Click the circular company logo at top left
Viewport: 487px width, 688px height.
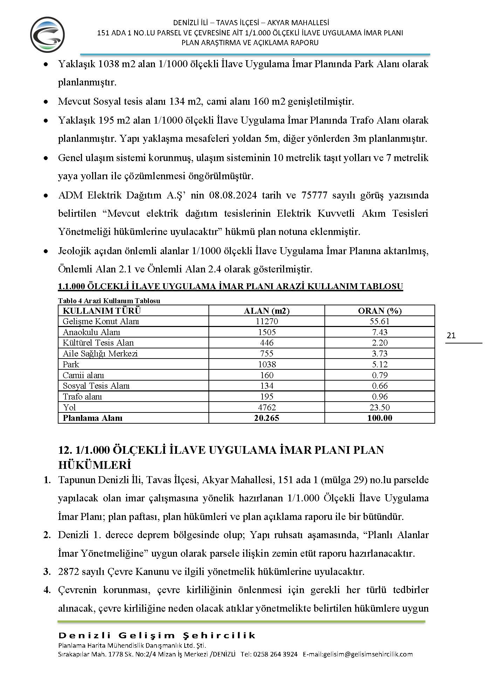pyautogui.click(x=48, y=35)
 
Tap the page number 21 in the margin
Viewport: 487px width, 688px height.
pyautogui.click(x=451, y=335)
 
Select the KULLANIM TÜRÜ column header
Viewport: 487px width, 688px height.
pyautogui.click(x=102, y=311)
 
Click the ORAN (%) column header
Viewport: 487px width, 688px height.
pyautogui.click(x=379, y=311)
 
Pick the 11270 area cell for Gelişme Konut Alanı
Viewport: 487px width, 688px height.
pyautogui.click(x=267, y=321)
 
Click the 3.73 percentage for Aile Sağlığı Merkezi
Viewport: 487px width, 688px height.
pyautogui.click(x=379, y=354)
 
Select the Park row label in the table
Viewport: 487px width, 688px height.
pyautogui.click(x=71, y=364)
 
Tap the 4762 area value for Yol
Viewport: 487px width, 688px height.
pyautogui.click(x=267, y=407)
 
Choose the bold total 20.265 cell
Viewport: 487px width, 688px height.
pyautogui.click(x=267, y=418)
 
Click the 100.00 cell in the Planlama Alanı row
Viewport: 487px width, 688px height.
pyautogui.click(x=379, y=418)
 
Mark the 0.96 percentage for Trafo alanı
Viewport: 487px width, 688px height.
pyautogui.click(x=379, y=397)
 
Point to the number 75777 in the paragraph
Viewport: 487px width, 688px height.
pyautogui.click(x=314, y=195)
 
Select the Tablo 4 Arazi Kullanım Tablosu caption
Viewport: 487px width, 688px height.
pyautogui.click(x=109, y=301)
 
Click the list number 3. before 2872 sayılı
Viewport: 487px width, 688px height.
pyautogui.click(x=47, y=572)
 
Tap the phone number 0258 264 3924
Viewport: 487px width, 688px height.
pyautogui.click(x=275, y=654)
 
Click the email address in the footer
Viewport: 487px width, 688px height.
pyautogui.click(x=358, y=654)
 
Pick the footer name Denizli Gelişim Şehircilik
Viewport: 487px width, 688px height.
pyautogui.click(x=157, y=635)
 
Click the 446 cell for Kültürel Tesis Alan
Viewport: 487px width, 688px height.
pyautogui.click(x=267, y=343)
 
